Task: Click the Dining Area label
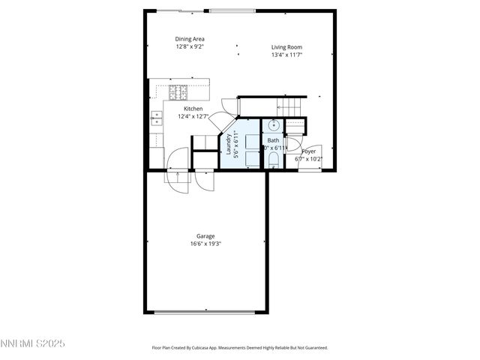190,39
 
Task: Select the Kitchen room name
193,109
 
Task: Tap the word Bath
273,140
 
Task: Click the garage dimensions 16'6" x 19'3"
205,244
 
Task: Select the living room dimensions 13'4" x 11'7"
287,55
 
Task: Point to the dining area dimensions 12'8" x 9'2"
190,46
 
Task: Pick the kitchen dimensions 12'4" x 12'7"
193,116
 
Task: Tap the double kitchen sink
157,117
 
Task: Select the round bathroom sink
274,125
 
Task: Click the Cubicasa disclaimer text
240,348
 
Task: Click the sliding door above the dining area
182,10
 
